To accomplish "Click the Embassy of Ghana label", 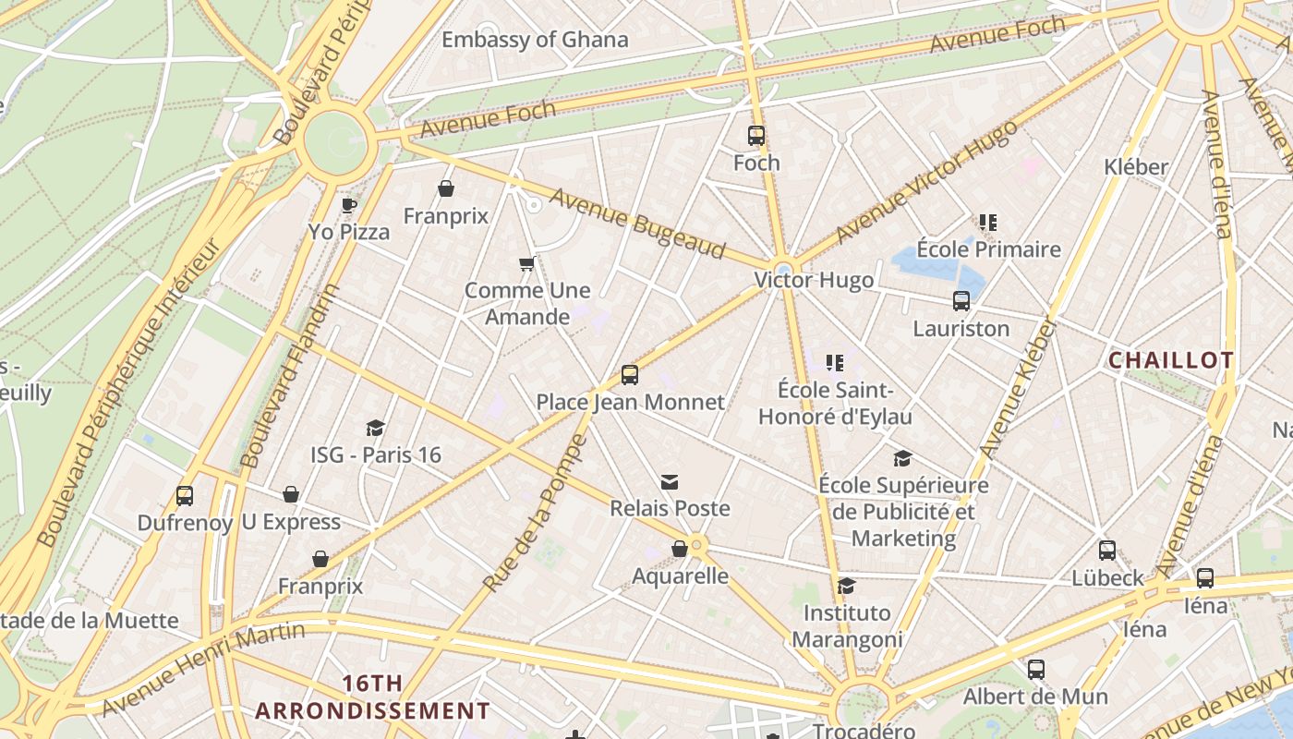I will coord(535,40).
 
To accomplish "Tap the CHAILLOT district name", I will coord(1170,360).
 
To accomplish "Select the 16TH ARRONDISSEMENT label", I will coord(372,697).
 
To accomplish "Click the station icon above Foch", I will coord(756,136).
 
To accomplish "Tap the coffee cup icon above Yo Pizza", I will coord(348,205).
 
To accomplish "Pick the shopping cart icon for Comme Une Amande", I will coord(526,264).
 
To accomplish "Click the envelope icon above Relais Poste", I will coord(670,481).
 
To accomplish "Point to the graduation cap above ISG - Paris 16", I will coord(375,428).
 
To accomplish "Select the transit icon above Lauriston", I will coord(961,301).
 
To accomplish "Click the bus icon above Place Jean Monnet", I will coord(630,374).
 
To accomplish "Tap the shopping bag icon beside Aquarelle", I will coord(679,550).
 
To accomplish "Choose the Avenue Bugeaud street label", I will coord(636,223).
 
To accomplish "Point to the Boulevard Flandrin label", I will coord(290,376).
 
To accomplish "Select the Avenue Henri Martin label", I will coord(203,669).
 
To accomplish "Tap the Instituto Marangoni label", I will coord(847,625).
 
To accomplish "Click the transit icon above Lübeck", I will coord(1107,551).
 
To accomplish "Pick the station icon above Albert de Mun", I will coord(1036,670).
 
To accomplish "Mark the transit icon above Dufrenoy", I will coord(185,496).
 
